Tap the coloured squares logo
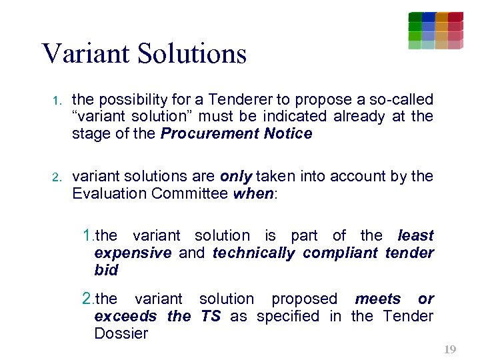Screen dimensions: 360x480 [435, 31]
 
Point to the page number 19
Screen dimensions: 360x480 [450, 349]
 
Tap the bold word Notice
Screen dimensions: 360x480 [288, 134]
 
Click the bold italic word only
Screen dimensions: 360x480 [236, 177]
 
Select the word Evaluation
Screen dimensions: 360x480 [109, 194]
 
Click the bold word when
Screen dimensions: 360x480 [253, 194]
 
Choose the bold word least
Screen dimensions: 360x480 [415, 235]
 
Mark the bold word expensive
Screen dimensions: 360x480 [133, 253]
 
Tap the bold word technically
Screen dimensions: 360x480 [253, 253]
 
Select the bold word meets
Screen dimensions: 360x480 [378, 299]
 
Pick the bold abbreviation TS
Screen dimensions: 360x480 [211, 317]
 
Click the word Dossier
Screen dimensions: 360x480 [121, 334]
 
